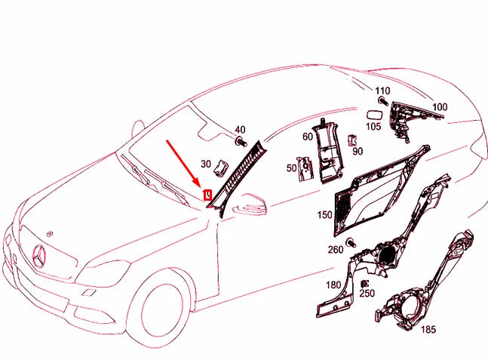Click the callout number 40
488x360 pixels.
click(x=241, y=130)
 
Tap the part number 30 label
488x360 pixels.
click(x=206, y=164)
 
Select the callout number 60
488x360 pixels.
click(x=308, y=137)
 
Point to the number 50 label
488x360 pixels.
click(x=291, y=168)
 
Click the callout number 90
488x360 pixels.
click(x=358, y=151)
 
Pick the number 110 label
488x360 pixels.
click(x=382, y=91)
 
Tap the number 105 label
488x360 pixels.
click(x=373, y=127)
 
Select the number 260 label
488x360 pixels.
click(x=335, y=250)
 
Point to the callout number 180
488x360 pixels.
click(x=332, y=286)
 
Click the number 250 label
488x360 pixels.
click(x=367, y=293)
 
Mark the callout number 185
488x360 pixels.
click(x=427, y=329)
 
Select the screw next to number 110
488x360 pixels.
click(x=383, y=101)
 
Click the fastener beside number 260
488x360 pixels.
click(x=351, y=241)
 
